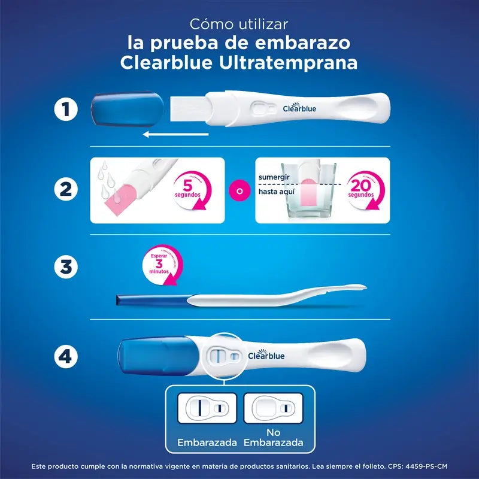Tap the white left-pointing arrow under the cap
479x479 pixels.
tap(175, 135)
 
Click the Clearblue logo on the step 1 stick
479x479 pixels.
tap(299, 108)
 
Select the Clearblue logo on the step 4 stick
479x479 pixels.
tap(266, 355)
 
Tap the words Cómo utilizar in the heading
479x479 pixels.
tap(239, 25)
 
